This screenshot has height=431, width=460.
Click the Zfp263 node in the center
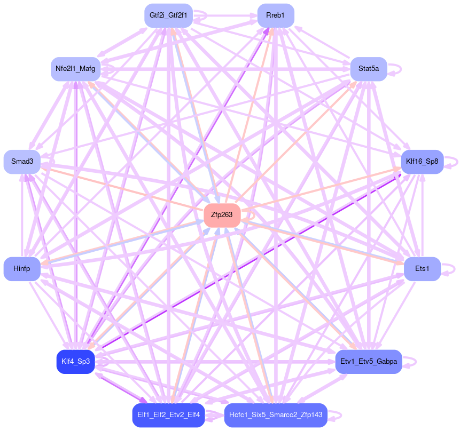[x=222, y=215]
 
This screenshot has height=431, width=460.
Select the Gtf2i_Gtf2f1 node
[x=168, y=15]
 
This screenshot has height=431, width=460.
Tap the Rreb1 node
[x=275, y=15]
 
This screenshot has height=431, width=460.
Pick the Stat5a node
[x=369, y=69]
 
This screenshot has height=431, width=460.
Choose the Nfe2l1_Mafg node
[x=75, y=69]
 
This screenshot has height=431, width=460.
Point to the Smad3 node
[x=22, y=162]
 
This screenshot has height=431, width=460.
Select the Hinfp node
[x=22, y=269]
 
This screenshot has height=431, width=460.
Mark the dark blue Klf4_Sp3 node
[x=75, y=362]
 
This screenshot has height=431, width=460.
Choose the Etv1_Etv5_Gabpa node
[x=369, y=362]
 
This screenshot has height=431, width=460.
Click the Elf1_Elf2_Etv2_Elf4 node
[x=168, y=415]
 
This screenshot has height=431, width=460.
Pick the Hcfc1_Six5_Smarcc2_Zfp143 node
[x=275, y=415]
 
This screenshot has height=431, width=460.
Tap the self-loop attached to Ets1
[x=454, y=269]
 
